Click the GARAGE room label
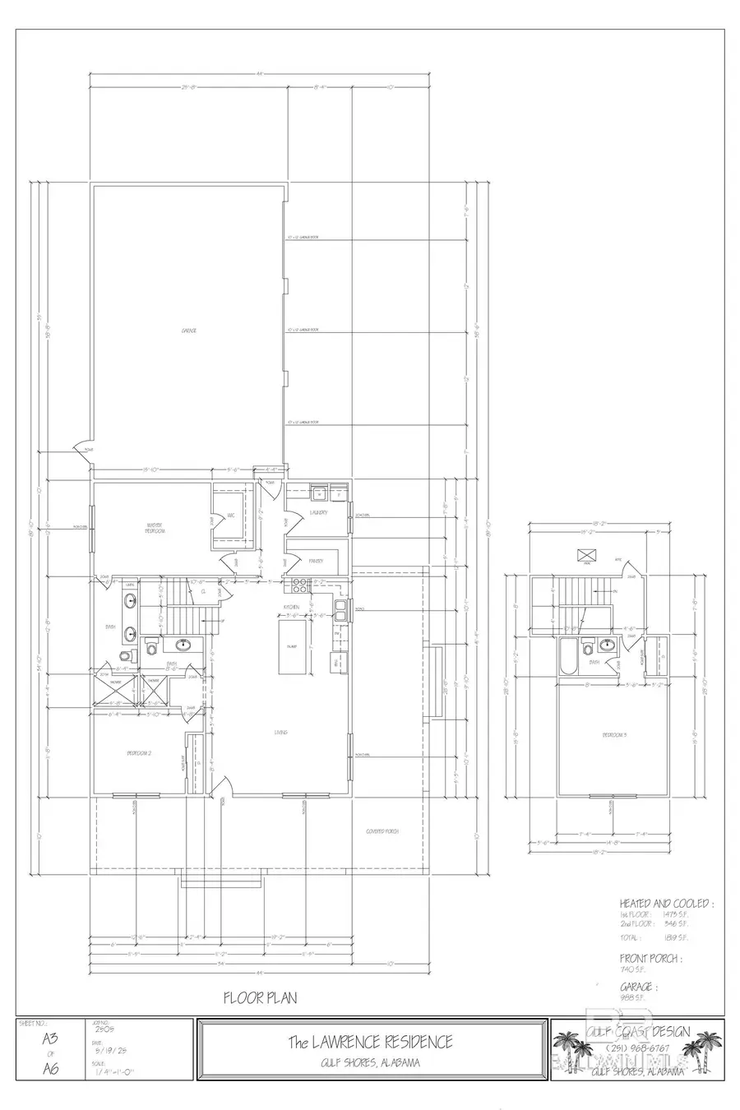click(189, 331)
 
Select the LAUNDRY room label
click(319, 512)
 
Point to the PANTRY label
click(315, 561)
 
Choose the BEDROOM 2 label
click(138, 753)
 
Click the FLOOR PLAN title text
click(260, 997)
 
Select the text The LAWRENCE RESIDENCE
click(369, 1042)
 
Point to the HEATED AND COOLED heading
click(666, 903)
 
